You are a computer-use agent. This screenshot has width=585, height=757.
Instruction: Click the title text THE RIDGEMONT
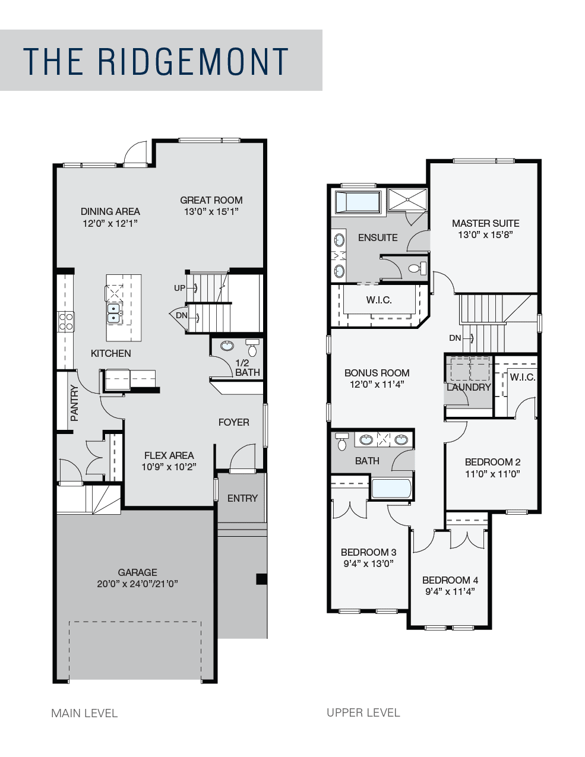coord(156,61)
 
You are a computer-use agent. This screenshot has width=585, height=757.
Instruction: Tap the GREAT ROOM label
coord(211,200)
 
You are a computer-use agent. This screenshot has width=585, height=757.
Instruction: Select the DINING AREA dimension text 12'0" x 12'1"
coord(110,223)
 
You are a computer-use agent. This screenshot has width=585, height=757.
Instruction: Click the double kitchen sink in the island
coord(114,313)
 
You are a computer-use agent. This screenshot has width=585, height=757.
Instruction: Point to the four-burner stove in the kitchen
coord(65,322)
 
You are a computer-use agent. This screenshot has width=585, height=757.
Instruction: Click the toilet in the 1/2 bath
coord(252,348)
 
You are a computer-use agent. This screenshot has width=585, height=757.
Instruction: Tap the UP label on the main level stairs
coord(179,288)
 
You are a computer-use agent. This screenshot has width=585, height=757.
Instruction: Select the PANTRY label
coord(74,403)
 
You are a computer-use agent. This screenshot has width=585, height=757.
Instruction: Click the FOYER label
coord(234,422)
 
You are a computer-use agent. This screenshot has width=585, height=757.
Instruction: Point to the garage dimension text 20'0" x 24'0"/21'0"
coord(138,584)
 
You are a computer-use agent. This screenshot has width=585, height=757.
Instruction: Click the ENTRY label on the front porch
coord(242,498)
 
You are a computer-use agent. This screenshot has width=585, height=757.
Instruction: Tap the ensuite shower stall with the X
coord(407,199)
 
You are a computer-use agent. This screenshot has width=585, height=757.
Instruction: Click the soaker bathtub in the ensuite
coord(358,202)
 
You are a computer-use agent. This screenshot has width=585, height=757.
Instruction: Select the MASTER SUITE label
coord(486,223)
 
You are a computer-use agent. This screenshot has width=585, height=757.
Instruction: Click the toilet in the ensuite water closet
coord(418,268)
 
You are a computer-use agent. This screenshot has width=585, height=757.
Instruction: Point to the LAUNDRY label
coord(469,387)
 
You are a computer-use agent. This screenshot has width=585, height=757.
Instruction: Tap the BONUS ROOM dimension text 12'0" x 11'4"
coord(377,384)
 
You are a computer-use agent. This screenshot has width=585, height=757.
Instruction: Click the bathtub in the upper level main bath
coord(391,489)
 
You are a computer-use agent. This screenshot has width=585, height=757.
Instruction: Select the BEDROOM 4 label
coord(450,580)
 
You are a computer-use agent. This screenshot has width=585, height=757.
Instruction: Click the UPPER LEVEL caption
coord(363,712)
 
